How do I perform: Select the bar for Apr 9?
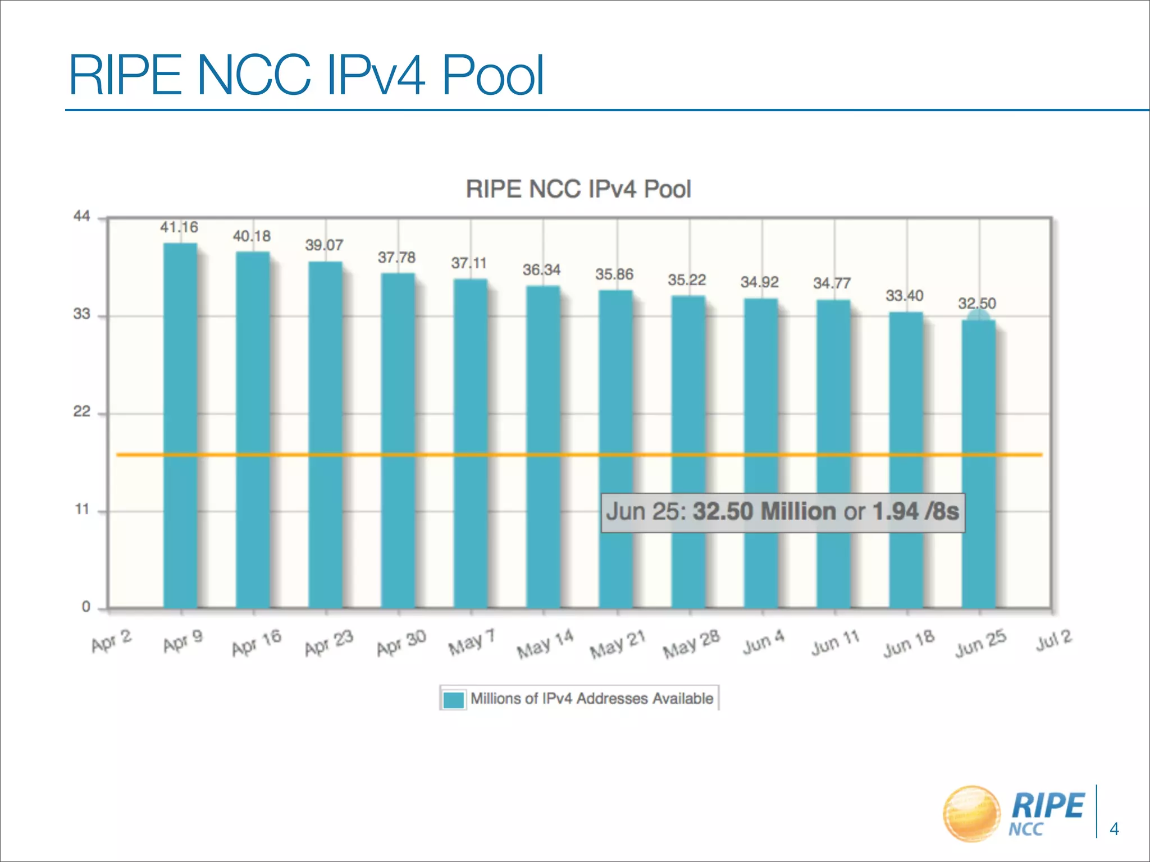[180, 427]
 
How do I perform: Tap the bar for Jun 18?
[906, 460]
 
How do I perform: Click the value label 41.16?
[179, 227]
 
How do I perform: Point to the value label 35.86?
[614, 274]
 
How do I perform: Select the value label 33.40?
[905, 296]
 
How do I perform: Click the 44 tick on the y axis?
[82, 217]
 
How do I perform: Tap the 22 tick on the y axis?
[82, 412]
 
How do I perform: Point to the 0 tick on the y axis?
[86, 607]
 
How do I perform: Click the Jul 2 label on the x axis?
[1054, 640]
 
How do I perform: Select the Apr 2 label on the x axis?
[112, 641]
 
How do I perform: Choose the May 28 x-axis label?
[691, 644]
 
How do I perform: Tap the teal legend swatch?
[453, 699]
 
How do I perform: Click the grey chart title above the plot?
[578, 189]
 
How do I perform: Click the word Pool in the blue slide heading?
[493, 75]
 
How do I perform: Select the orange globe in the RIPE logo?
[971, 813]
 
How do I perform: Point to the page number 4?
[1115, 829]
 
